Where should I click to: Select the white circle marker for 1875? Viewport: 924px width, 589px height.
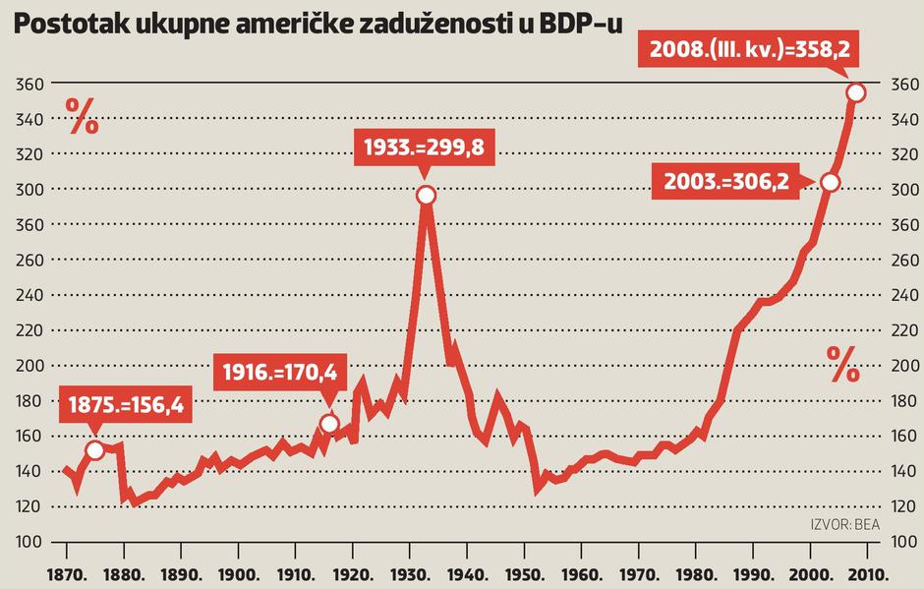[94, 450]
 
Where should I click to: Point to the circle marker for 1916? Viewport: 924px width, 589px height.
[329, 424]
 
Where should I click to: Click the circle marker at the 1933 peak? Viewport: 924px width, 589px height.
[426, 195]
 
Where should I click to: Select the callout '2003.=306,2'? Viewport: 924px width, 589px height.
[726, 182]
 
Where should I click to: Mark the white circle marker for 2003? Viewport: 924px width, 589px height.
[830, 182]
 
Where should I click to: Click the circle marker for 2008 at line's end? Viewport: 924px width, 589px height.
[856, 92]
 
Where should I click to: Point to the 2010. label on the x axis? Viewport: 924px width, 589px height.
[870, 573]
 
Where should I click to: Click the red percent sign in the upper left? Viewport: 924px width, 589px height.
[83, 117]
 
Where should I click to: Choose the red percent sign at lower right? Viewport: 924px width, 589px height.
[842, 365]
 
